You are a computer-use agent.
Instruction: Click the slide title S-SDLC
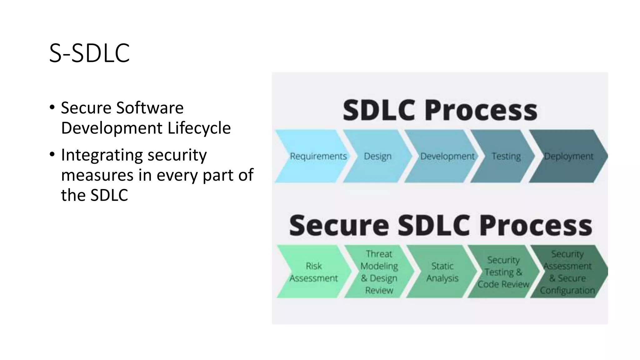click(89, 53)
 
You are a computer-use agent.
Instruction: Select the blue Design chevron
click(377, 156)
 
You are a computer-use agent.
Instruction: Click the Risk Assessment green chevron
click(313, 272)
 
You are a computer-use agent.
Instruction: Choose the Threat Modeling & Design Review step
click(379, 272)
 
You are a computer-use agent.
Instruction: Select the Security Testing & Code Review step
click(503, 272)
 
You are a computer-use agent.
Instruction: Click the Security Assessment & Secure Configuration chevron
click(567, 272)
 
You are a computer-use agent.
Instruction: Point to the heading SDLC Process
click(440, 110)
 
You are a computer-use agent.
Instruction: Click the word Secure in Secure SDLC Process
click(339, 225)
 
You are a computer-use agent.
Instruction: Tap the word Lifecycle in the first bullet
click(199, 128)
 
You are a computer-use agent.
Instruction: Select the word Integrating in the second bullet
click(102, 155)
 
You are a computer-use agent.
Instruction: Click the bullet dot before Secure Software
click(52, 107)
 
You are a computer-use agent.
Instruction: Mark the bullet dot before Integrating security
click(52, 154)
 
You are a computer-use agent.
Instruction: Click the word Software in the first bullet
click(150, 108)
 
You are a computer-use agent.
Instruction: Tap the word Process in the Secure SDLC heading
click(536, 225)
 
